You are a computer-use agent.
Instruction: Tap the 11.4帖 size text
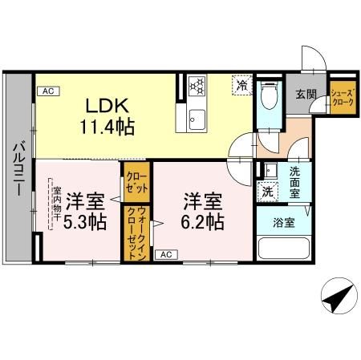tap(107, 126)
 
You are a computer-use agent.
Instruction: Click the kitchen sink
tap(197, 122)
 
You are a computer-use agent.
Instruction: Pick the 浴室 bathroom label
tap(284, 222)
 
